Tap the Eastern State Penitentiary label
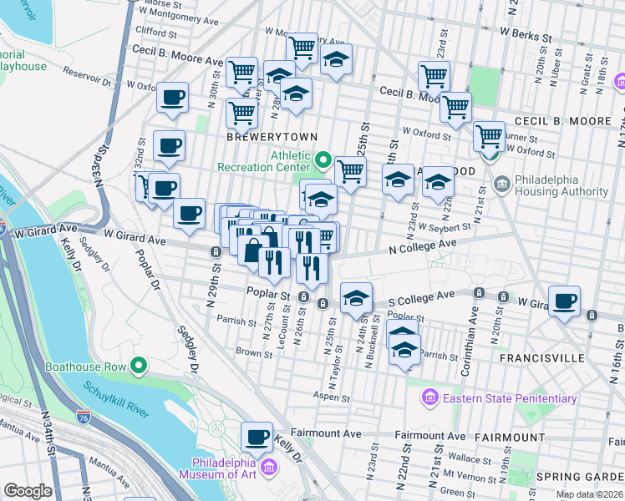[x=510, y=398]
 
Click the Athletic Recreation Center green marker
[x=324, y=159]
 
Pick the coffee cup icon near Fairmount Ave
[x=257, y=436]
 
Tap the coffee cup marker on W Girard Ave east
[x=565, y=300]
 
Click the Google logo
[x=28, y=491]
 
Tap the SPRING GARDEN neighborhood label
[x=580, y=477]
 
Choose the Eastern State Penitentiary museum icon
[x=430, y=397]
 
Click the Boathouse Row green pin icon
[x=139, y=367]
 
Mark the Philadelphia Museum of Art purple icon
[x=269, y=468]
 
